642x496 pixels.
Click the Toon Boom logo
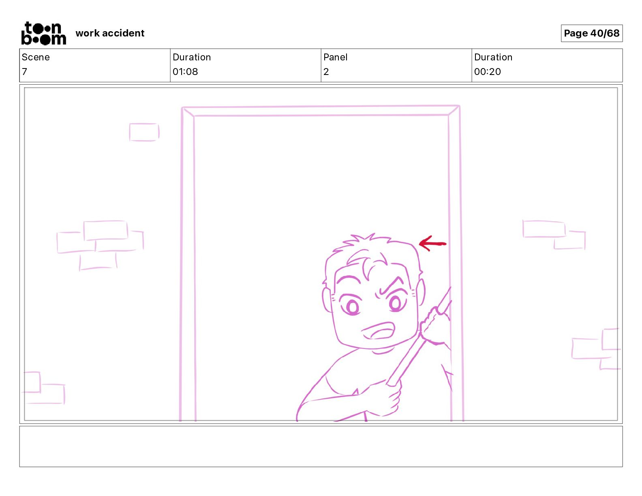(x=43, y=33)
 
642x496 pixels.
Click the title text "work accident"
(x=109, y=33)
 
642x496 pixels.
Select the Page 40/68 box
(x=591, y=33)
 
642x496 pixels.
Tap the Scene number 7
(x=24, y=71)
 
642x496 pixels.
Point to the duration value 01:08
(x=185, y=71)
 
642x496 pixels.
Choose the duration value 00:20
(x=487, y=71)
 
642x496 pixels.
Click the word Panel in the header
(x=335, y=57)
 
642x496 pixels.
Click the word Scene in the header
(x=35, y=57)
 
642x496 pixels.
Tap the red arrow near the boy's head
(x=432, y=244)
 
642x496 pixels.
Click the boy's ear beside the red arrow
(x=420, y=293)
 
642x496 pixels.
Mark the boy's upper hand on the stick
(x=435, y=325)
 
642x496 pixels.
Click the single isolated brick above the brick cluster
(x=144, y=132)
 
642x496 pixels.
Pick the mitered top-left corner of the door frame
(x=188, y=112)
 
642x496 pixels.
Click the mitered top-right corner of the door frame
(x=454, y=111)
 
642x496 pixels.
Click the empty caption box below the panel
(x=321, y=447)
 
